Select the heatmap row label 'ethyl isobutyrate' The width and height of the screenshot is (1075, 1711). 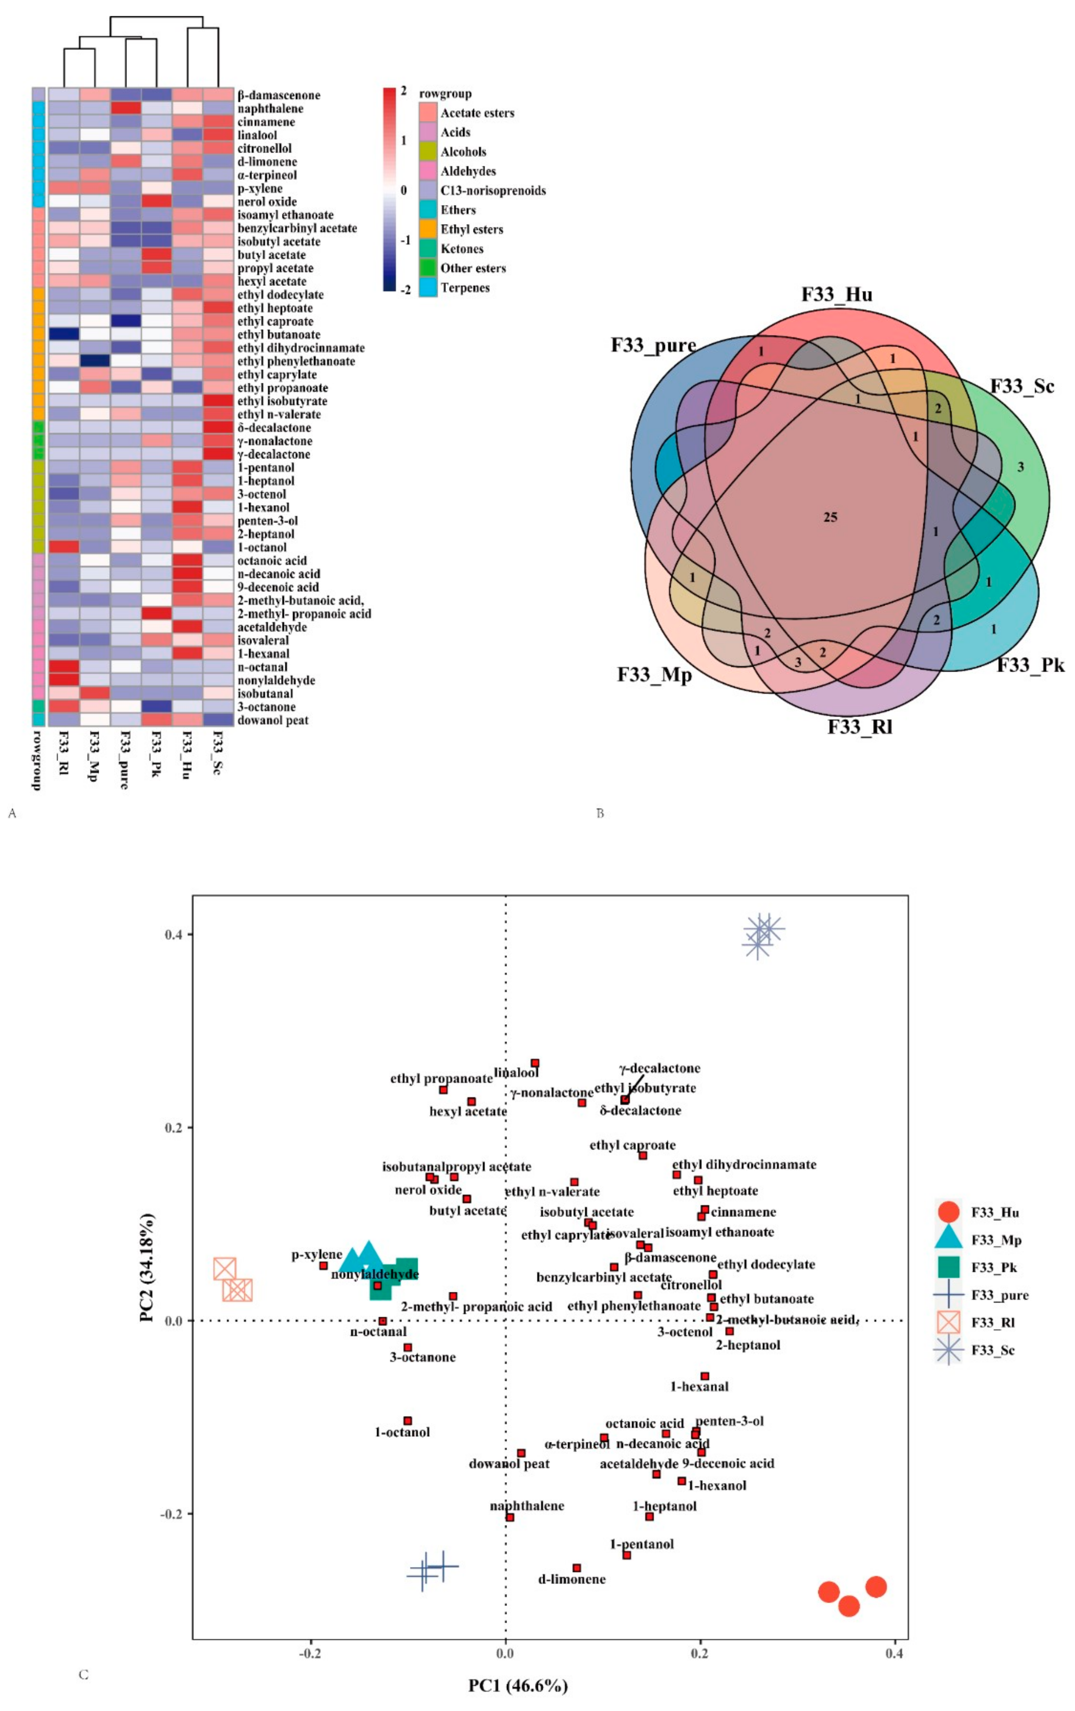[x=282, y=401]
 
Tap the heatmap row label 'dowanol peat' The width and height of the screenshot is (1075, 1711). [x=273, y=721]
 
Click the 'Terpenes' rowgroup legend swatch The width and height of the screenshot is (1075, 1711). [x=428, y=288]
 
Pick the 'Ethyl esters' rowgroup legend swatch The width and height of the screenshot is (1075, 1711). [x=428, y=230]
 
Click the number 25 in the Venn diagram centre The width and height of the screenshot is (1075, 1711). [x=830, y=517]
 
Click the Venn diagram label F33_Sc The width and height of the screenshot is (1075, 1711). [x=1022, y=387]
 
